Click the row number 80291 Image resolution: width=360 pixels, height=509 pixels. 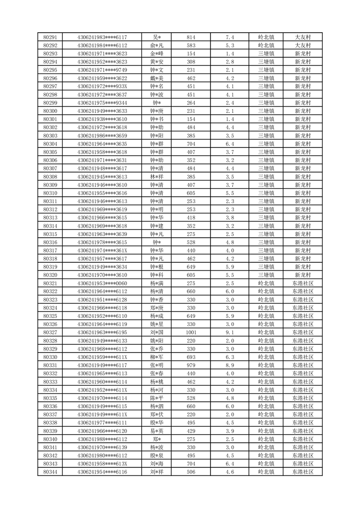[50, 37]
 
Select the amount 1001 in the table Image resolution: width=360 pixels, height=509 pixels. [191, 333]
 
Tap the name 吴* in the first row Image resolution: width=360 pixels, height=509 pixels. [157, 37]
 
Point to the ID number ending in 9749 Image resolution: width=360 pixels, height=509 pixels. [102, 70]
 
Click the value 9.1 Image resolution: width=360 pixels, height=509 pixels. [229, 333]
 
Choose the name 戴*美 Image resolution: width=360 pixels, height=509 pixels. [157, 78]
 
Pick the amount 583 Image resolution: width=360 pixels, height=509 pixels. [191, 45]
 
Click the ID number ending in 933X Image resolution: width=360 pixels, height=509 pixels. [102, 86]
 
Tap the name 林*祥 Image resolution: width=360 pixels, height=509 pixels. [157, 176]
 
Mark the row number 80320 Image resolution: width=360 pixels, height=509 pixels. [50, 275]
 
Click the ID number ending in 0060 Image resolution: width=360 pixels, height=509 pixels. [102, 283]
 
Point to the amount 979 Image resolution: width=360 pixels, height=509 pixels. [191, 365]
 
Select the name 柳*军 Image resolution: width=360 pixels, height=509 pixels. [157, 357]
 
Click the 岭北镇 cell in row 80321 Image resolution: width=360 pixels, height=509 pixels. [266, 283]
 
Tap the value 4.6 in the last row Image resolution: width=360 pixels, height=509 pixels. [229, 472]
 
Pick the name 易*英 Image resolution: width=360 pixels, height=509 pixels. [157, 431]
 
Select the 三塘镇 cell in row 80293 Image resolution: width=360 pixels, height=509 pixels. [266, 54]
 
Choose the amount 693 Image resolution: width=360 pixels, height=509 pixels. [191, 357]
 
